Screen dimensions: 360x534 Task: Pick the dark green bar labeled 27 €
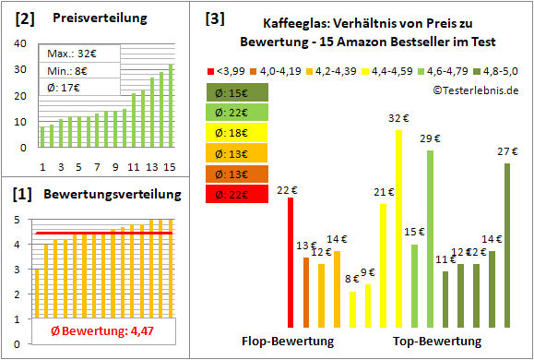point(506,246)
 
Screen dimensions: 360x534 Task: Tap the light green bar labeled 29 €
point(430,239)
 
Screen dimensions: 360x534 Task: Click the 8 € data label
point(352,279)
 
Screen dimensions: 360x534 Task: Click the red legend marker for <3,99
point(212,69)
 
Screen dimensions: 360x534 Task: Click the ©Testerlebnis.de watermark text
point(475,90)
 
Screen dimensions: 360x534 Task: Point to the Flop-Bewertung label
point(288,342)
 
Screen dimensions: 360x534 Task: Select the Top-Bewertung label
point(437,342)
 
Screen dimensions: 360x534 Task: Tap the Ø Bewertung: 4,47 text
point(96,331)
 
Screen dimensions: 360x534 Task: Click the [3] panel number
point(214,18)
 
